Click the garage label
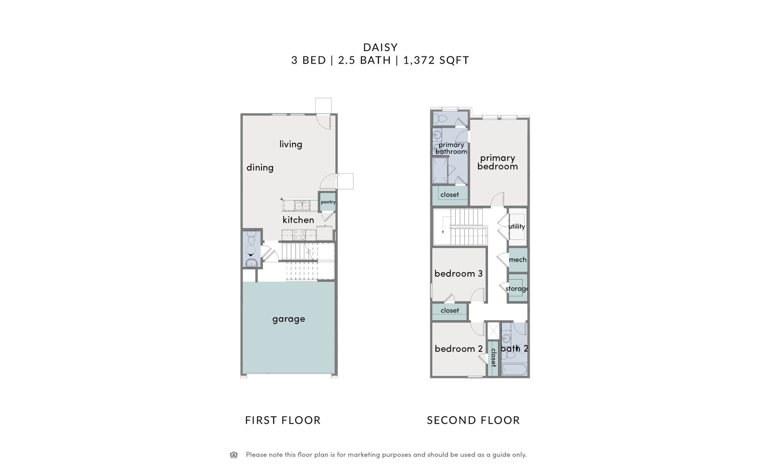288,319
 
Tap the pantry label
328,202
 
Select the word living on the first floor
291,144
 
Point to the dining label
260,168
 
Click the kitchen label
298,220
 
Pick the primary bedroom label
498,162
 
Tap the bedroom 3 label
458,274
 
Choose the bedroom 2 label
459,349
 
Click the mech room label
518,260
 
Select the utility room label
517,226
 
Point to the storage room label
517,289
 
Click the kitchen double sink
302,206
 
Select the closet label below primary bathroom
450,194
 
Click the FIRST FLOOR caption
283,420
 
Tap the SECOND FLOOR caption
474,420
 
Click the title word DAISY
380,47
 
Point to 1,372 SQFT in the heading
436,60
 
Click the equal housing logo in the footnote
234,455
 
